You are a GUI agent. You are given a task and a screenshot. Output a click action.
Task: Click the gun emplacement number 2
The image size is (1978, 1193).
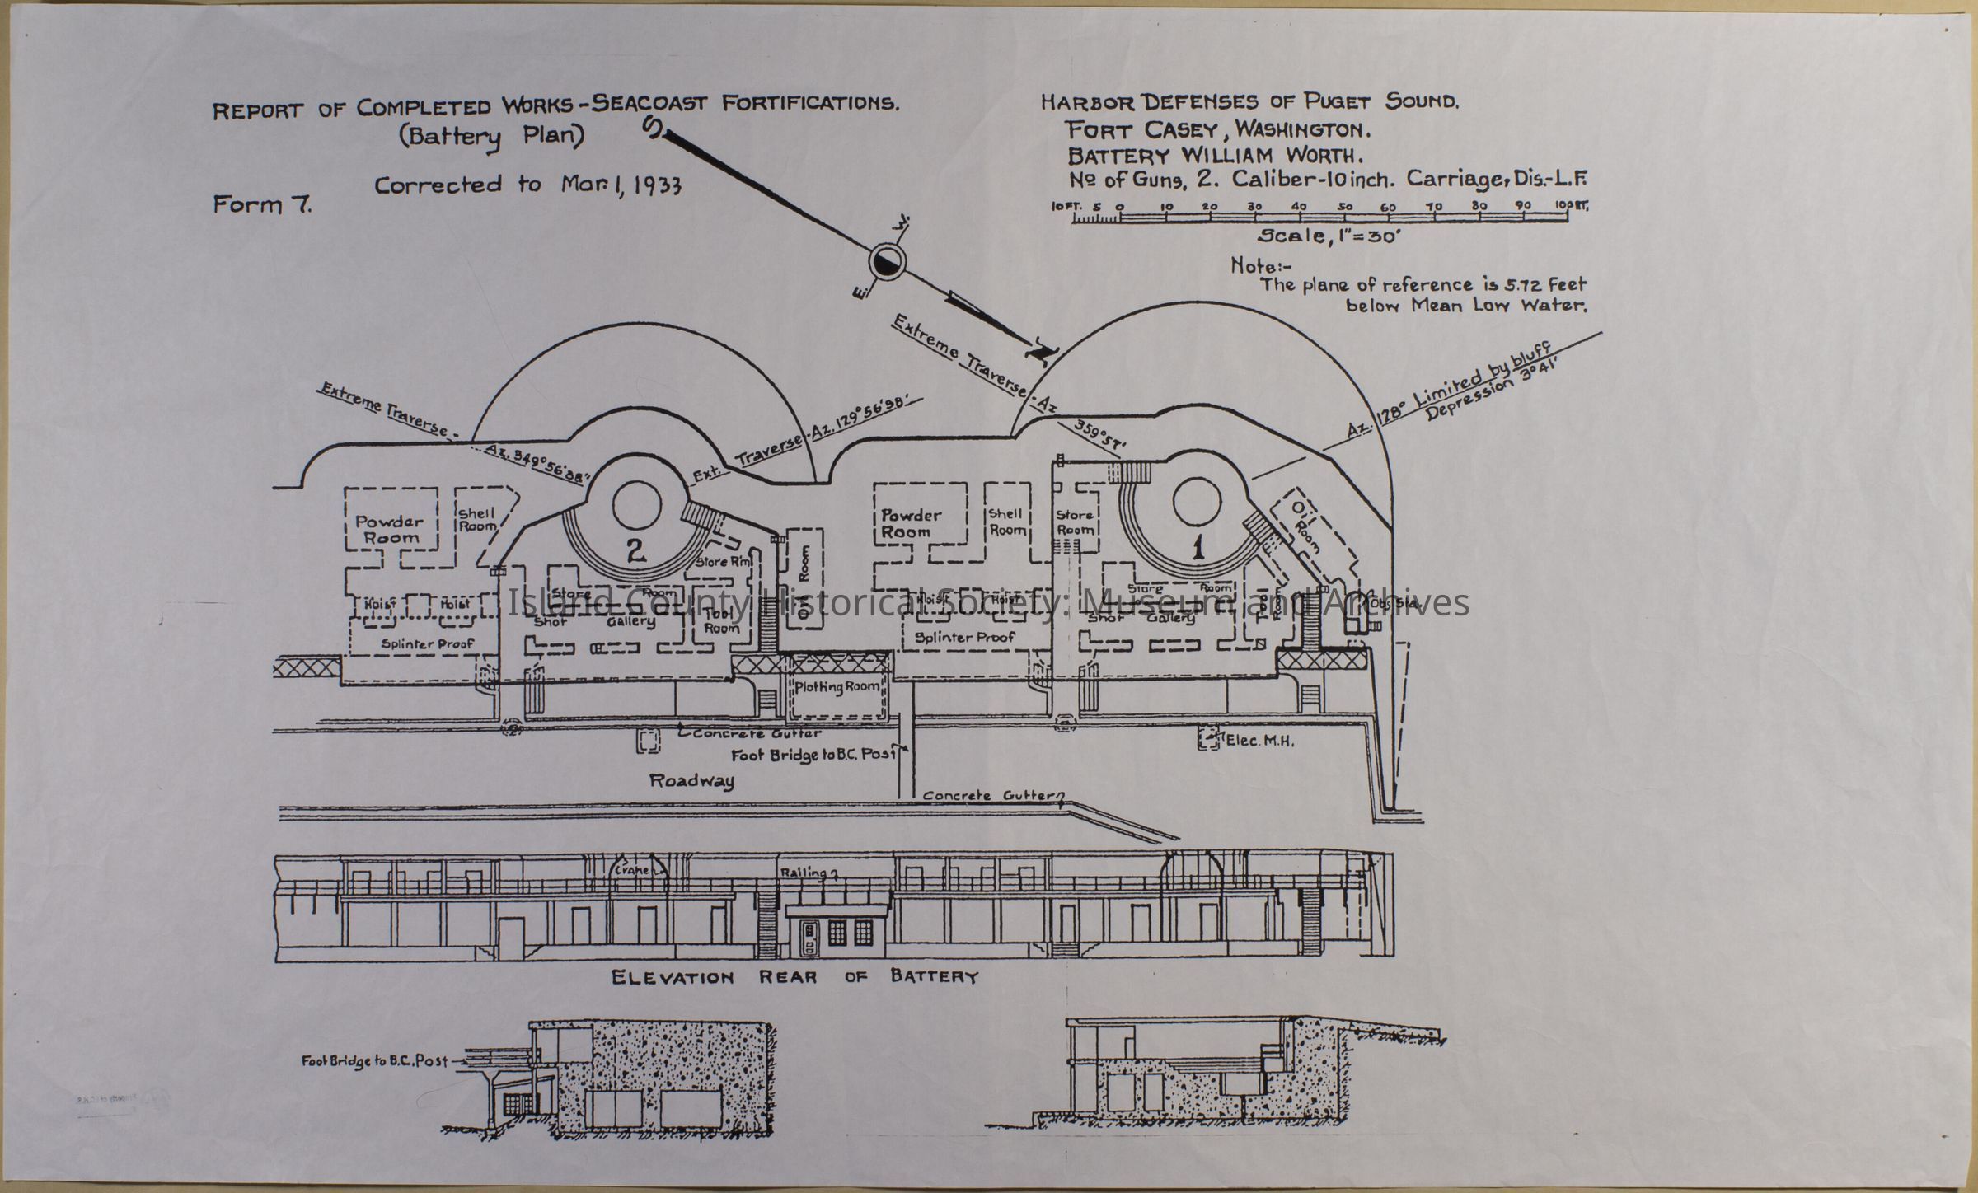pos(635,554)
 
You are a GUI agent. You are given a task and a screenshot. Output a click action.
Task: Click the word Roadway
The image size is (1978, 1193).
pos(691,780)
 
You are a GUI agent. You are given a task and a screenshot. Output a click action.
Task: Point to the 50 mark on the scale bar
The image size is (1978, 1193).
pos(1344,206)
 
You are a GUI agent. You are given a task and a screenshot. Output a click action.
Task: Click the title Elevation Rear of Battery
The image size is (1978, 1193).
pos(794,977)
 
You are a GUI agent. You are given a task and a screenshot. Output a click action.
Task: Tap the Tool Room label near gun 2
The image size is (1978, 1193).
pos(721,620)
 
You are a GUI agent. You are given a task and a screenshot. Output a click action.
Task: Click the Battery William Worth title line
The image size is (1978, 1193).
pos(1214,155)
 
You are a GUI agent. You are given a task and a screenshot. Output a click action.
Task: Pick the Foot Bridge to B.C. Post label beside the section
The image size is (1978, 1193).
pos(375,1060)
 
